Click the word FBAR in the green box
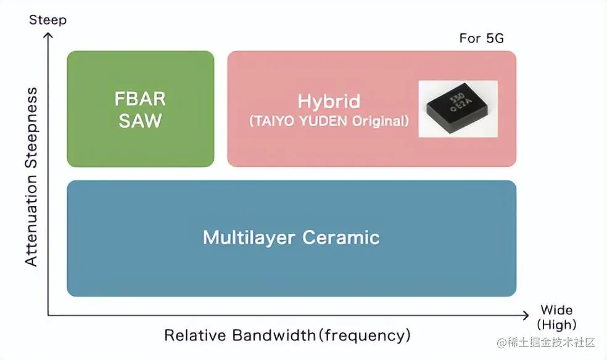tap(140, 99)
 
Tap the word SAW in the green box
tap(140, 120)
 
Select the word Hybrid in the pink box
tap(329, 101)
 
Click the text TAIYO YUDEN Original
tap(329, 121)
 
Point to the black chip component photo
tap(458, 108)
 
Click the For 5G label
tap(481, 38)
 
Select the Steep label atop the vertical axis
tap(47, 20)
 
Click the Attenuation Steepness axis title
tap(31, 177)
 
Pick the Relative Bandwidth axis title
tap(287, 335)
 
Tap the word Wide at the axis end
tap(556, 310)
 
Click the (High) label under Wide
tap(556, 324)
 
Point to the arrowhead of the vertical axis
tap(48, 35)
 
